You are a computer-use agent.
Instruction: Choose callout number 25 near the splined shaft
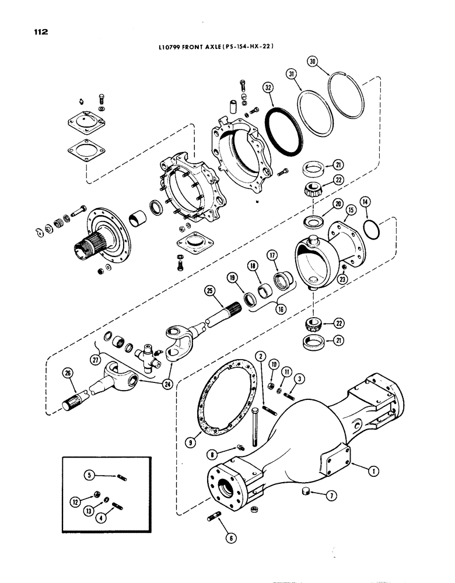coord(209,289)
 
